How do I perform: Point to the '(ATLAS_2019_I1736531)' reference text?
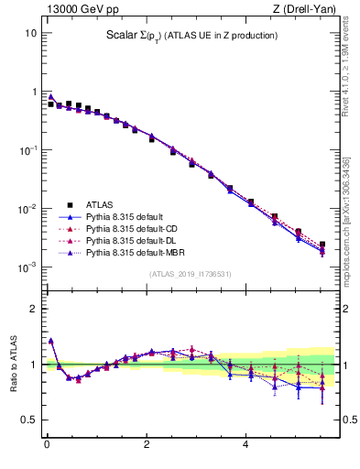point(189,274)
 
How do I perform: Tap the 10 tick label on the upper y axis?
point(30,33)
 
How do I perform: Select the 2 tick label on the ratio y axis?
point(33,309)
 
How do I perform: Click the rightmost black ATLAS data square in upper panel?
point(322,245)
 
